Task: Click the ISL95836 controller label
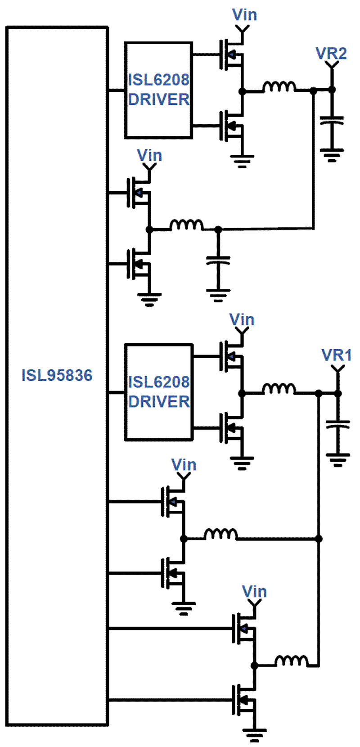(x=57, y=375)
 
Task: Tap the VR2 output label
(x=331, y=53)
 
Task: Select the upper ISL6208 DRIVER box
(x=159, y=90)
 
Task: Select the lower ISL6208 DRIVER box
(x=159, y=391)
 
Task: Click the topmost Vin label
(x=244, y=15)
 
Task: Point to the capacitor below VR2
(x=332, y=120)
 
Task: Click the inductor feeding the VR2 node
(x=279, y=86)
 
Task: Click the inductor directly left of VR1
(x=279, y=389)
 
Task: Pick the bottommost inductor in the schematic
(x=292, y=661)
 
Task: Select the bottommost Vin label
(x=254, y=591)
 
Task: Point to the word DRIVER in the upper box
(x=159, y=99)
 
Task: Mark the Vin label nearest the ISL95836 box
(x=149, y=156)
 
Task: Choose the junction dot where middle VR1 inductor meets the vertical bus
(x=319, y=538)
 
